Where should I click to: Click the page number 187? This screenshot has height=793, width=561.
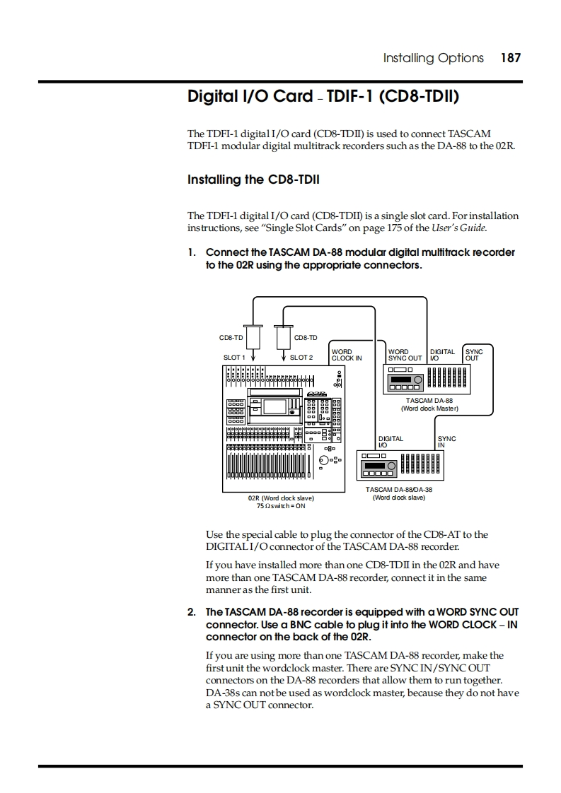[x=510, y=58]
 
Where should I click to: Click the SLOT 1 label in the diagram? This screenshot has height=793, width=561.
[x=234, y=358]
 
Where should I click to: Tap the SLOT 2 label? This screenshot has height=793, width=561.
[x=301, y=358]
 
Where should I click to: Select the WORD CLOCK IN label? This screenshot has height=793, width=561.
[x=346, y=355]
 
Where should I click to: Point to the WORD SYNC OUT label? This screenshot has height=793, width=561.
[x=405, y=355]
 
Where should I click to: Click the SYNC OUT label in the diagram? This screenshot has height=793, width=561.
[x=473, y=355]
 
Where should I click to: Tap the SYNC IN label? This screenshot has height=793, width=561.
[x=446, y=442]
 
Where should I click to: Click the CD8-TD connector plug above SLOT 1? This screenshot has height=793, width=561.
[x=252, y=336]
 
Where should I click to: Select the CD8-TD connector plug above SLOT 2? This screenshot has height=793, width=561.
[x=282, y=336]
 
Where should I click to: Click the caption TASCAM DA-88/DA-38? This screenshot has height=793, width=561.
[x=399, y=489]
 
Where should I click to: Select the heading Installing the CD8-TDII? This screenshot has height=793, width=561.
[x=253, y=180]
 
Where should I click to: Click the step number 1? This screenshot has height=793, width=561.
[x=191, y=252]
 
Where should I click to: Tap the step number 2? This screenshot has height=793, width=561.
[x=191, y=611]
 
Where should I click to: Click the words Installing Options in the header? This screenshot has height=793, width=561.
[x=433, y=58]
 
